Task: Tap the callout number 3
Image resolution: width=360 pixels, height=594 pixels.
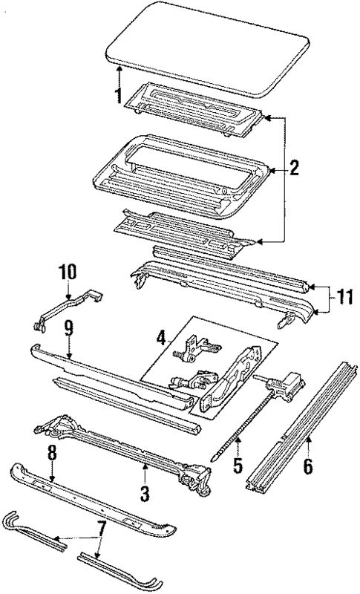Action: (145, 492)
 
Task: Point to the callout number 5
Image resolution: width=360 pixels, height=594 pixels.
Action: (237, 467)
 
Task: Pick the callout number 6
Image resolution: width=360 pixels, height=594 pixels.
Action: (308, 468)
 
